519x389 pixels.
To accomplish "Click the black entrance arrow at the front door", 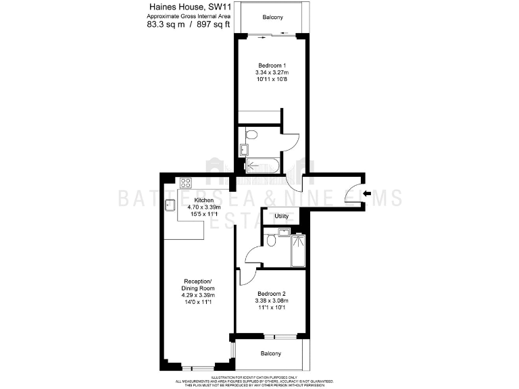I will pyautogui.click(x=366, y=194).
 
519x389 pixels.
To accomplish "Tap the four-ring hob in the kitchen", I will pyautogui.click(x=186, y=182).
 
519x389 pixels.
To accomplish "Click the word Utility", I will pyautogui.click(x=282, y=217).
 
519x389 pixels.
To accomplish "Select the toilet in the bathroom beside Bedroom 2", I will pyautogui.click(x=270, y=240).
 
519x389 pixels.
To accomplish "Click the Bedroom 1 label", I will pyautogui.click(x=272, y=65).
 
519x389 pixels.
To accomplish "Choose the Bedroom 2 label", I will pyautogui.click(x=272, y=292).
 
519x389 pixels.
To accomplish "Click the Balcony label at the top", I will pyautogui.click(x=272, y=17).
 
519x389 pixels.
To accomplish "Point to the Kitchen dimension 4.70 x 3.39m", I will pyautogui.click(x=204, y=208).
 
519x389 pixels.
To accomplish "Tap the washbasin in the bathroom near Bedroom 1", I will pyautogui.click(x=245, y=149).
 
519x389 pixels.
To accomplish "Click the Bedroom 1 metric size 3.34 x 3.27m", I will pyautogui.click(x=272, y=72).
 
